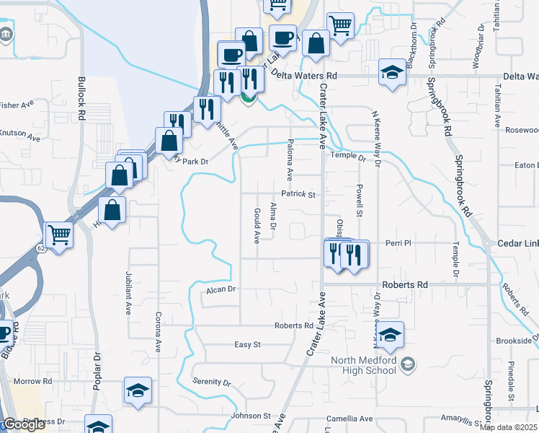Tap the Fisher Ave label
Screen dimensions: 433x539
(17, 105)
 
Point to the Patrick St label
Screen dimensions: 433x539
(299, 195)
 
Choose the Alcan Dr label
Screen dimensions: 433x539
(221, 289)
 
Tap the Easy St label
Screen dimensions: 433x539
(247, 345)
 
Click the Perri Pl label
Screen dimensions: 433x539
(397, 243)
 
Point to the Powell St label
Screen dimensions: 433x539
(358, 200)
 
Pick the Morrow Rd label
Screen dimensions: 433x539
(33, 380)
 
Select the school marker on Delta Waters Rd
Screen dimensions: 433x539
(392, 73)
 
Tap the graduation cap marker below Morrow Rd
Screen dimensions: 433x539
(137, 390)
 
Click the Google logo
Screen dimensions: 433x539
(24, 424)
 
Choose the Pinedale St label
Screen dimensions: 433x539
(510, 381)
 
